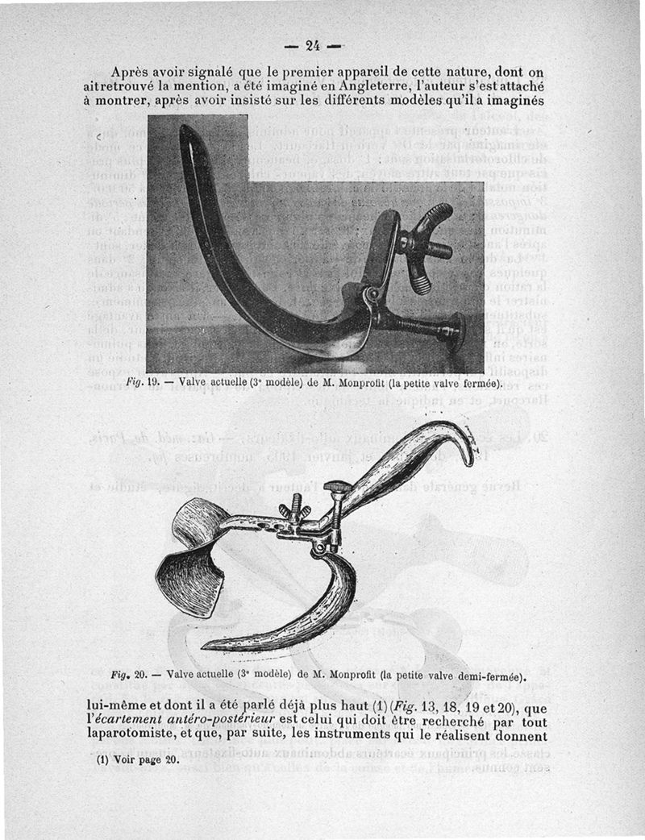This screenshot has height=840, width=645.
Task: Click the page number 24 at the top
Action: (x=314, y=44)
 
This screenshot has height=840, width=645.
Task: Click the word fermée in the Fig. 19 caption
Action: (x=477, y=383)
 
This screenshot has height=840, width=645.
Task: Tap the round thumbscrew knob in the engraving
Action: (x=336, y=489)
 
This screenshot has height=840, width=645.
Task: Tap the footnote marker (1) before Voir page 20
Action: (x=102, y=760)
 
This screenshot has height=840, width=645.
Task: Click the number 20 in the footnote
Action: (x=170, y=760)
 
